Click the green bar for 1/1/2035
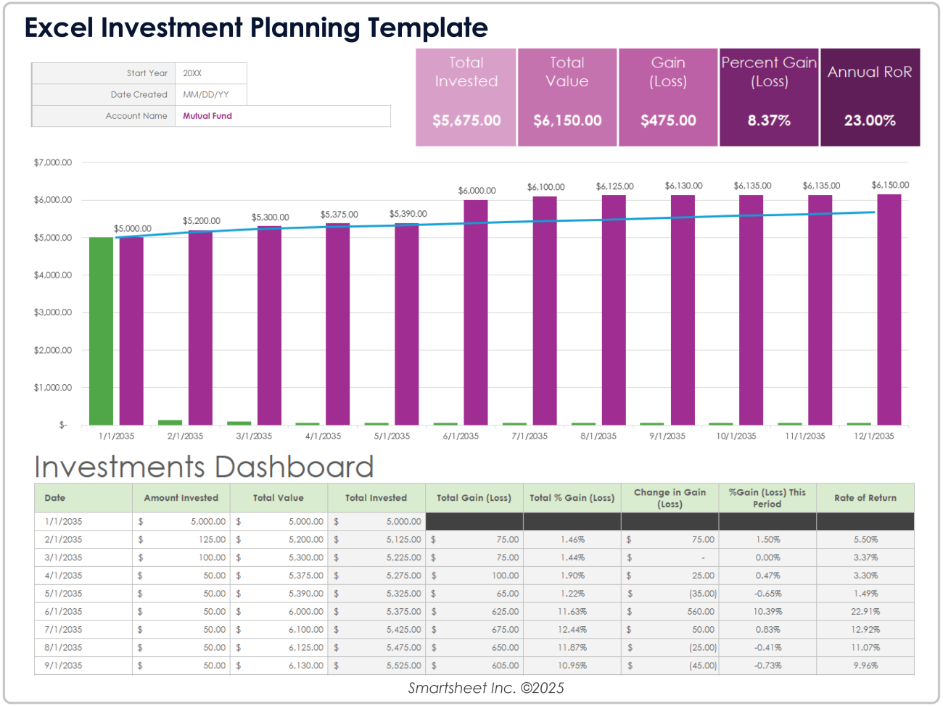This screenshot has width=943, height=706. pyautogui.click(x=101, y=331)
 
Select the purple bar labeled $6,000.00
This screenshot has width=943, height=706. pyautogui.click(x=476, y=312)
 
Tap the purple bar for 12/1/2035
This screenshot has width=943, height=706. pyautogui.click(x=889, y=310)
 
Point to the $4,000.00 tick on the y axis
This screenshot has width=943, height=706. pyautogui.click(x=53, y=275)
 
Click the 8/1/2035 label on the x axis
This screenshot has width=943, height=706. pyautogui.click(x=598, y=436)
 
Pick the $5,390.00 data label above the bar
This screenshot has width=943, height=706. pyautogui.click(x=408, y=214)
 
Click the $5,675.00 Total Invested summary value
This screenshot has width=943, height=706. pyautogui.click(x=466, y=120)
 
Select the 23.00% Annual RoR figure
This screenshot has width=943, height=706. pyautogui.click(x=870, y=120)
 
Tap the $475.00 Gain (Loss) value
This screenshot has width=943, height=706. pyautogui.click(x=668, y=120)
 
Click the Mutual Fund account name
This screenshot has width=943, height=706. pyautogui.click(x=207, y=116)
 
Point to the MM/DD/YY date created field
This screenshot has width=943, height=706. pyautogui.click(x=206, y=95)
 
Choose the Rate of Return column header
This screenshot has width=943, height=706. pyautogui.click(x=865, y=498)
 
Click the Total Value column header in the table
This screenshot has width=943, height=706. pyautogui.click(x=278, y=498)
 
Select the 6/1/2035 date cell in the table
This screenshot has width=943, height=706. pyautogui.click(x=64, y=612)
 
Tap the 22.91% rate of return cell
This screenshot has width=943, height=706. pyautogui.click(x=865, y=612)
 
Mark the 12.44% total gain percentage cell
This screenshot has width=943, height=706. pyautogui.click(x=572, y=630)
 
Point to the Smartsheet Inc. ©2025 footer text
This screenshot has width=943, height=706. pyautogui.click(x=486, y=688)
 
